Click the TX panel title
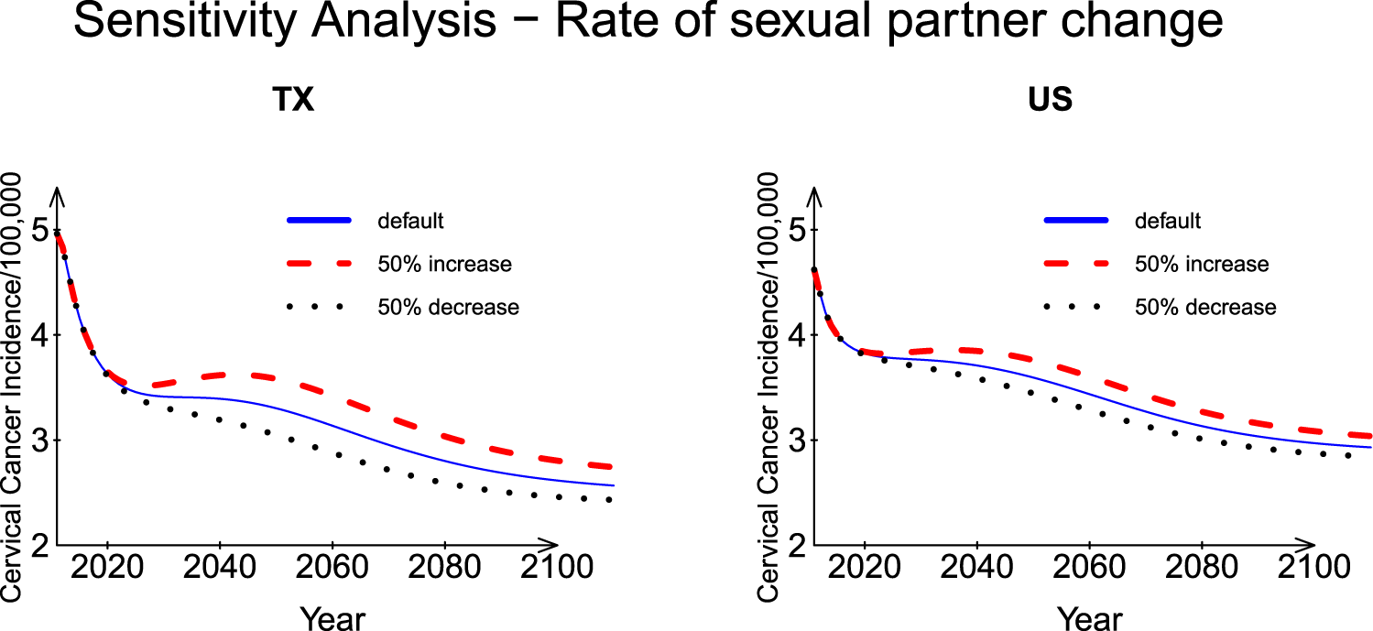[x=294, y=100]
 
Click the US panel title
[x=1051, y=100]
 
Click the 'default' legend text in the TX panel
[x=410, y=221]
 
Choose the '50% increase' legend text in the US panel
[x=1202, y=265]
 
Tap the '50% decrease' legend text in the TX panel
[x=448, y=308]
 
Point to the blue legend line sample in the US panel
[x=1076, y=221]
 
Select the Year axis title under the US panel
[x=1089, y=618]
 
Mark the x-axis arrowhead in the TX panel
[x=550, y=544]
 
